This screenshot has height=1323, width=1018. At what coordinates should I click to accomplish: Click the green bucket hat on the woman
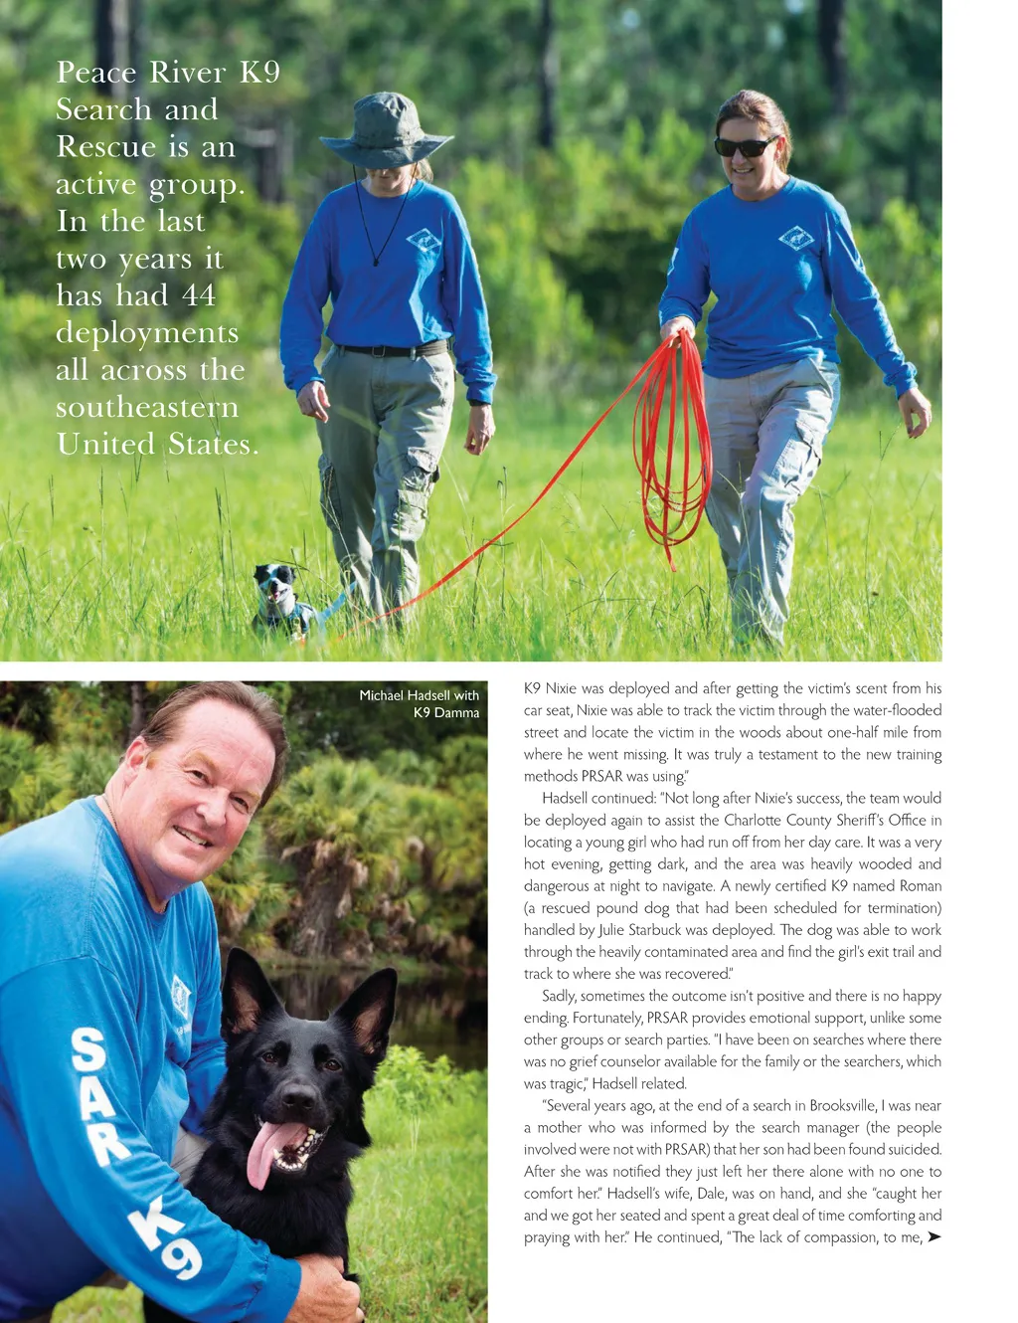point(386,130)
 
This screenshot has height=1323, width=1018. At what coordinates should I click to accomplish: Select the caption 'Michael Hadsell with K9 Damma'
point(420,703)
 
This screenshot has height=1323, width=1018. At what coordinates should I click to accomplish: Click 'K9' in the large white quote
point(259,73)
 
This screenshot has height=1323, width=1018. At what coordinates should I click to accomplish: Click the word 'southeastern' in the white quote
point(147,408)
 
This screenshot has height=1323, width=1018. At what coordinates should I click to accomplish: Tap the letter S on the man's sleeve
point(88,1050)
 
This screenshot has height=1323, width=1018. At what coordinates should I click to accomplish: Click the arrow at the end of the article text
point(933,1237)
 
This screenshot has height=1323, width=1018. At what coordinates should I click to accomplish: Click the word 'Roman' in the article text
point(921,885)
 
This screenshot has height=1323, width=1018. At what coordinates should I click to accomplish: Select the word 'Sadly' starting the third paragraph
point(559,996)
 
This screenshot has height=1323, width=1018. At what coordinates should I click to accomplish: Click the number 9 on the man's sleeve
point(179,1258)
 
